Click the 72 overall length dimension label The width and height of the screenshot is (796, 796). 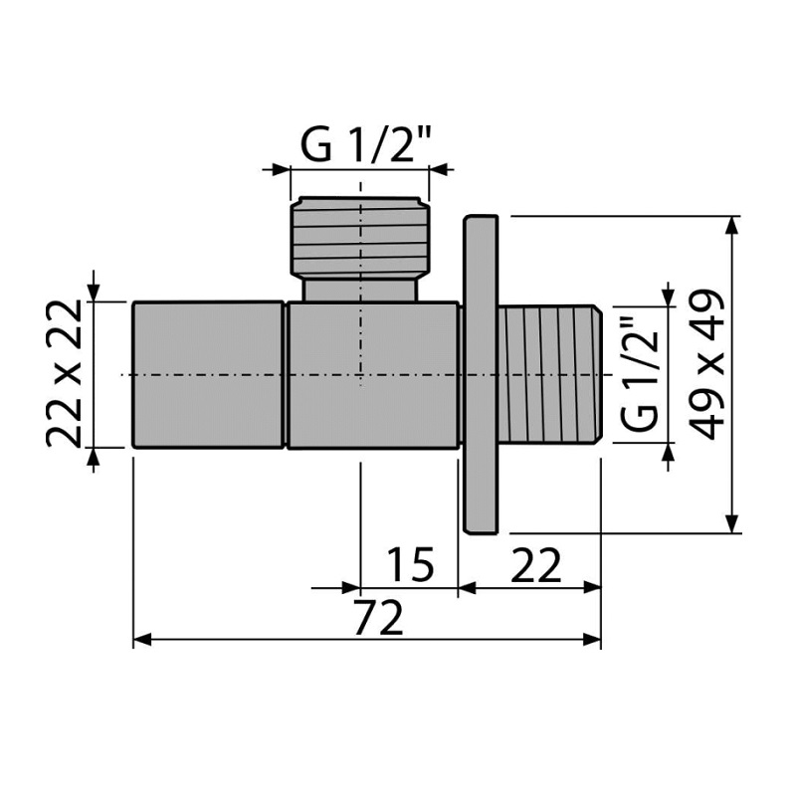pos(378,617)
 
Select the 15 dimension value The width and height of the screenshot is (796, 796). pos(410,564)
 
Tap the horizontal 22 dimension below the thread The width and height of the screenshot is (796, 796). pos(535,564)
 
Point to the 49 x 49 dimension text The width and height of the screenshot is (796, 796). pos(708,364)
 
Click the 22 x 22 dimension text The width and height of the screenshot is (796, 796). pos(64,374)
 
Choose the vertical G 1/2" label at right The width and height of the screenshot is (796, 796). pos(639,374)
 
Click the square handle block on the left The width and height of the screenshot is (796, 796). pos(208,375)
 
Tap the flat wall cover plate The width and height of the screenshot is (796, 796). pos(481,374)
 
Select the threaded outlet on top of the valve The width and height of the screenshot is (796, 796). pos(360,237)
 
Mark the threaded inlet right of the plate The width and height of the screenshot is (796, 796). pos(549,374)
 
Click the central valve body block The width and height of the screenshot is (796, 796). pos(373,376)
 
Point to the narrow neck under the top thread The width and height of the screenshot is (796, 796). pos(360,290)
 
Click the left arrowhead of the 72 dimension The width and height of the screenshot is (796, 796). pos(142,640)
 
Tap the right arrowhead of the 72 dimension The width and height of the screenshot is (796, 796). pos(592,640)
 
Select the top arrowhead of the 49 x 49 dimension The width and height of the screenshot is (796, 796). pos(731,226)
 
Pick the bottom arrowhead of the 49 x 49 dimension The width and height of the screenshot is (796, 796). pos(731,524)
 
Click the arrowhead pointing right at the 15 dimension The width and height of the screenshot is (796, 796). pos(351,588)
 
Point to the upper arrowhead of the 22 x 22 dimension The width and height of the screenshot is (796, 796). pos(94,293)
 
